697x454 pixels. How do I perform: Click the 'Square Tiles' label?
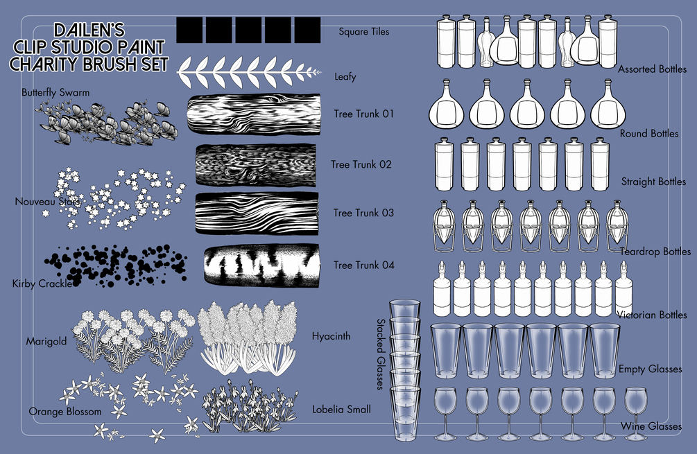[363, 32]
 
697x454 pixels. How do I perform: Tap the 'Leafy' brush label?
[345, 76]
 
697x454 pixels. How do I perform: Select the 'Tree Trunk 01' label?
[363, 114]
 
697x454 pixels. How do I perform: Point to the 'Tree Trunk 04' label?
[364, 265]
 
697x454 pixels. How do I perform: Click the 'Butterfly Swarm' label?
[55, 93]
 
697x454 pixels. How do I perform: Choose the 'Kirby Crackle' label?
[42, 283]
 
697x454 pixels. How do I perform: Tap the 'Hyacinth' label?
[332, 336]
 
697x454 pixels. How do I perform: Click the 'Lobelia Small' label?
[341, 409]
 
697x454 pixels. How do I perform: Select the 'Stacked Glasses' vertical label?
[381, 354]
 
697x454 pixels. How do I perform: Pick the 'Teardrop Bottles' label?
[655, 252]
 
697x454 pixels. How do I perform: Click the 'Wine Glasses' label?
[651, 426]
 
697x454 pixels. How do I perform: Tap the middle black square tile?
[248, 30]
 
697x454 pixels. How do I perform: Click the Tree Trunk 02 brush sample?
[256, 165]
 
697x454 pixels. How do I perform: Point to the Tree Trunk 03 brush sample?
[257, 213]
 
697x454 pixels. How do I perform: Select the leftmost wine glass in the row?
[445, 413]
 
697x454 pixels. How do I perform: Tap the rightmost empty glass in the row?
[605, 351]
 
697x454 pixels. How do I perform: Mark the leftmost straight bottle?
[444, 164]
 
